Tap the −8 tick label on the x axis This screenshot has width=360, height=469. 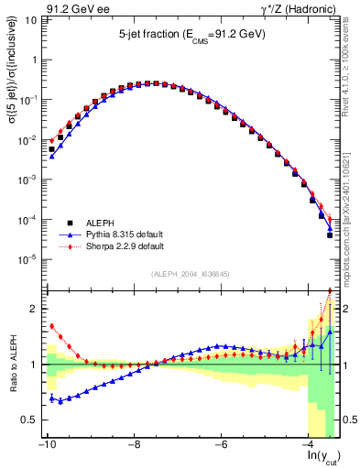tap(134, 444)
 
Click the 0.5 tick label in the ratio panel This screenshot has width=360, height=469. tap(27, 420)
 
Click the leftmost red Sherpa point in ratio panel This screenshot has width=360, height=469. tap(52, 325)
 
